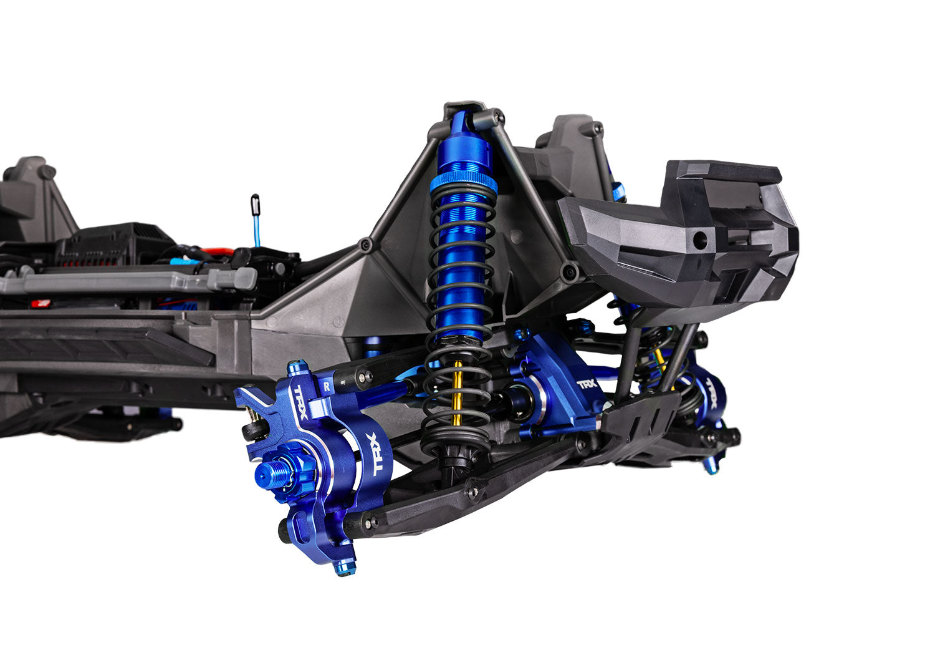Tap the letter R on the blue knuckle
327,386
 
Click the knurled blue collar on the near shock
464,182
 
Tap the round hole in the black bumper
701,238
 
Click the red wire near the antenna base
219,252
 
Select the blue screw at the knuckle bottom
345,568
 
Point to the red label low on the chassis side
42,303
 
